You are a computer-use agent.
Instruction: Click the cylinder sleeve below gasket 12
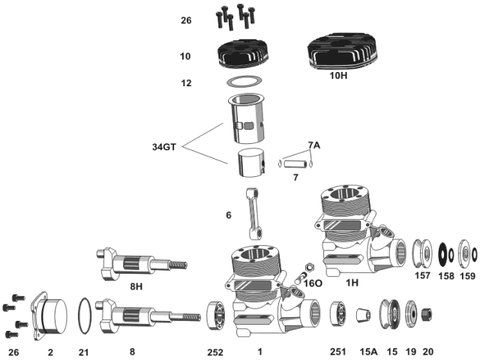[249, 120]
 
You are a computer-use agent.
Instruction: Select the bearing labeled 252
[217, 313]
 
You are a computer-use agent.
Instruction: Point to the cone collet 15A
[364, 313]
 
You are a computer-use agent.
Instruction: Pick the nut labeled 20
[428, 312]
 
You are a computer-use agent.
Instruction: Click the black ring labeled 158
[443, 253]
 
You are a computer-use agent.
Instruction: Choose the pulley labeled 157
[423, 253]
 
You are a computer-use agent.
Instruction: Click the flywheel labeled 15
[389, 313]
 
